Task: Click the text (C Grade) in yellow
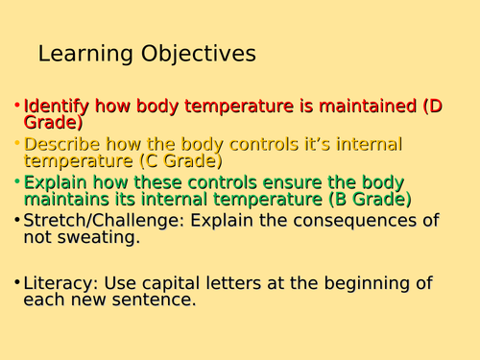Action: [x=180, y=161]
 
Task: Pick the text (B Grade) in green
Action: [x=371, y=200]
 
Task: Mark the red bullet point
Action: [x=17, y=106]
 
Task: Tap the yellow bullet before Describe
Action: [x=17, y=144]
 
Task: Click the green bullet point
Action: [x=17, y=182]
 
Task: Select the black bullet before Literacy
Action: [x=17, y=282]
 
